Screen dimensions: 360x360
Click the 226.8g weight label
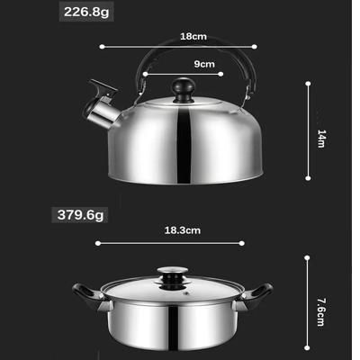[x=86, y=12]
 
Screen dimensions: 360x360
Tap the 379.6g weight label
[x=80, y=215]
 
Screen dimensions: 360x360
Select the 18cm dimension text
[x=193, y=36]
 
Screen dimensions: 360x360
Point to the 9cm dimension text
[x=204, y=64]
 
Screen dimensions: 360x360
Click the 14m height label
[x=321, y=139]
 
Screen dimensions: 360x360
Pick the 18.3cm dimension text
[x=183, y=230]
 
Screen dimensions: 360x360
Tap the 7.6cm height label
[x=321, y=312]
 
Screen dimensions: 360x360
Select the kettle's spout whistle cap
[x=103, y=88]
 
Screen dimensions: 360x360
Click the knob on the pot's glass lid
[x=173, y=276]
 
